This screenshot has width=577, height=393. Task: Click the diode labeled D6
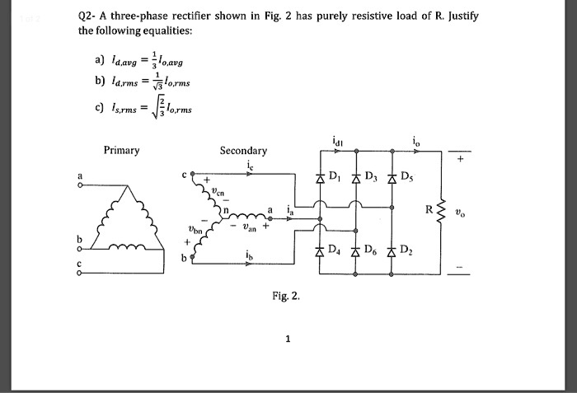[355, 250]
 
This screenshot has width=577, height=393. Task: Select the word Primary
[121, 151]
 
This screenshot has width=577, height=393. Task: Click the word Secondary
[243, 151]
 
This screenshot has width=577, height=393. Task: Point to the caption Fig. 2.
[284, 295]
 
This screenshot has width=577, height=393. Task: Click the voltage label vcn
[217, 191]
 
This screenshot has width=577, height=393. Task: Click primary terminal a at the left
[80, 176]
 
